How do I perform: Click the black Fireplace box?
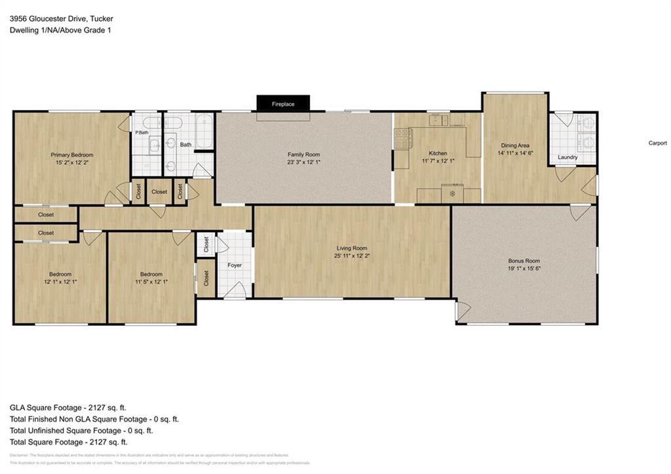[283, 104]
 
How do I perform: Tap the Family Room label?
[303, 154]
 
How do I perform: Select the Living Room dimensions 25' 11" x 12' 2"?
[352, 256]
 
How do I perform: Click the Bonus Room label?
[524, 260]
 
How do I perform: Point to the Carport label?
[657, 143]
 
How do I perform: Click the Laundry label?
[567, 157]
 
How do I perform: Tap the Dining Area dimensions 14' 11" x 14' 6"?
[515, 153]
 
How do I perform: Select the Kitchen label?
[438, 153]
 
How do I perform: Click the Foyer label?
[235, 266]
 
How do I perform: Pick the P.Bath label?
[142, 133]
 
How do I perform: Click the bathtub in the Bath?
[203, 132]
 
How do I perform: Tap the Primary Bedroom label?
[72, 155]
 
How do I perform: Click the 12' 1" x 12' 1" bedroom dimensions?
[60, 282]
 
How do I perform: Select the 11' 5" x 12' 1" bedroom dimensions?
[151, 282]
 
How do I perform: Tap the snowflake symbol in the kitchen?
[452, 194]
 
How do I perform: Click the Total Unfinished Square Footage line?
[81, 431]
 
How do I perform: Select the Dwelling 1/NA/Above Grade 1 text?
[60, 30]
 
